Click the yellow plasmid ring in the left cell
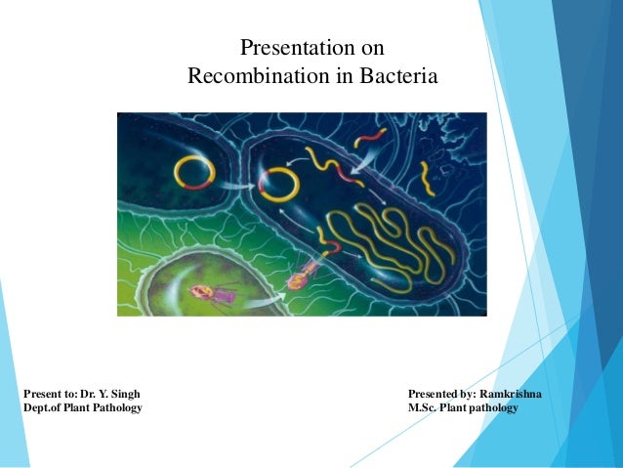coord(194,172)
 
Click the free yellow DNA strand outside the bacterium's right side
coord(426,179)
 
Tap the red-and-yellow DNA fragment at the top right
coord(370,139)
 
